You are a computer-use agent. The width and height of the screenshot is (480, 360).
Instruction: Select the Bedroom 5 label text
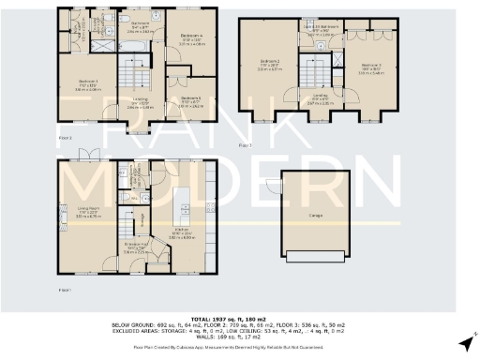click(190, 99)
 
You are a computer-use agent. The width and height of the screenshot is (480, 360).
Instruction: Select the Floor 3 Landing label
click(320, 97)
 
